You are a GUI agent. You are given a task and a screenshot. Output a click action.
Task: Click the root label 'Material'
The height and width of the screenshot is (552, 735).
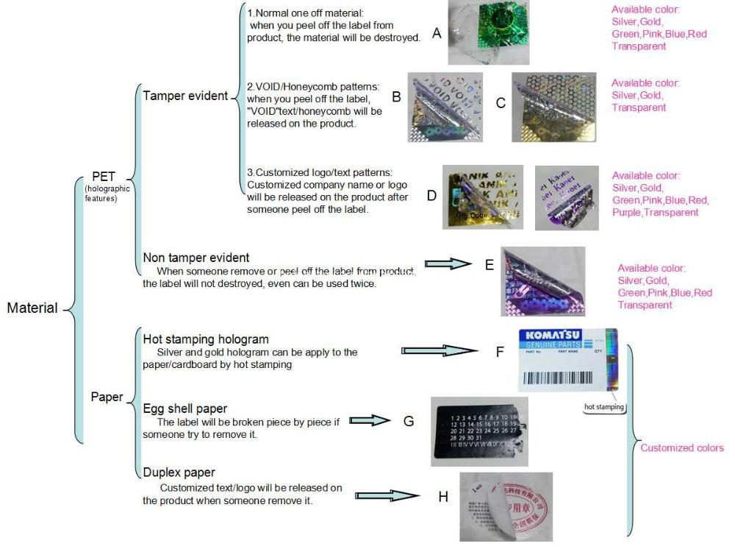pos(32,308)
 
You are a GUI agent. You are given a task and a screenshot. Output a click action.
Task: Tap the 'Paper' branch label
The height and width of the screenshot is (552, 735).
pos(107,397)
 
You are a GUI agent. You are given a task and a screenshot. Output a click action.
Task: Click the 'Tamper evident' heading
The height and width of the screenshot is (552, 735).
pos(185,96)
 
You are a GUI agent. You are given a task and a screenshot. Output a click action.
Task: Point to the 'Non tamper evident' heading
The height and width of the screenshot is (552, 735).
pos(196,258)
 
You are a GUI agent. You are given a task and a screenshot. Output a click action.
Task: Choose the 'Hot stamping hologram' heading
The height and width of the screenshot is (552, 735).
pos(205,339)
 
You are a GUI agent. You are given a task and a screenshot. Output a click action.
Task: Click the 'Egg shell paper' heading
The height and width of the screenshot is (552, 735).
pos(184,408)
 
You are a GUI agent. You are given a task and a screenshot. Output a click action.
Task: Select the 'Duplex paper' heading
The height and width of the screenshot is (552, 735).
pos(179,473)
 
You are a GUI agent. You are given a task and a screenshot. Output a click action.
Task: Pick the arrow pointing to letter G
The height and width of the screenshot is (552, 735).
pos(369,420)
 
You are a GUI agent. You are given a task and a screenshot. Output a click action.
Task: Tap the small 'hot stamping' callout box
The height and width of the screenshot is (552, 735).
pos(604,406)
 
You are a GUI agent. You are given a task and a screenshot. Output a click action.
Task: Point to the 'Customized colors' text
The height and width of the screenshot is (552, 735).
pos(682,447)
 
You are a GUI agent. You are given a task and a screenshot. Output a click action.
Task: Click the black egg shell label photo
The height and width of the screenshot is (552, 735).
pos(479,432)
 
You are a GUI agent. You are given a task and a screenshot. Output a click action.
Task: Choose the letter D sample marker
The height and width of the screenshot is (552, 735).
pos(431,196)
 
